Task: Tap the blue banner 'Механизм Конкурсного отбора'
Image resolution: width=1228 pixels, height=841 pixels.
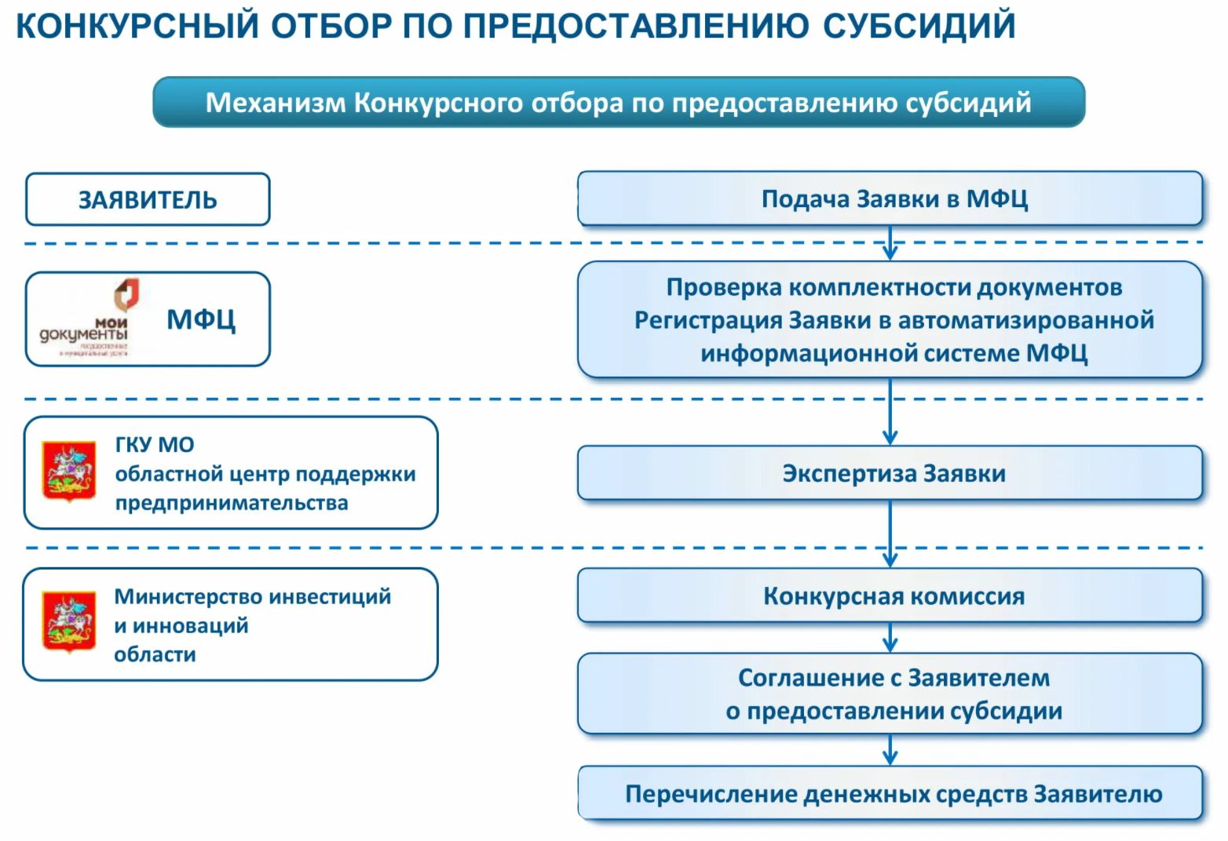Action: pyautogui.click(x=618, y=102)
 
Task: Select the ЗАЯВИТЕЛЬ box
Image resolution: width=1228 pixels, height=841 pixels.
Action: pyautogui.click(x=148, y=200)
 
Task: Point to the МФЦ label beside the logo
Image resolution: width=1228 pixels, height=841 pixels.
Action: pyautogui.click(x=201, y=319)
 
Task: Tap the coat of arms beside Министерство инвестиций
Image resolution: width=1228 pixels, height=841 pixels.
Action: pyautogui.click(x=68, y=621)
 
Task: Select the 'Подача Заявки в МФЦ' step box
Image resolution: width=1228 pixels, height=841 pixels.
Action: pyautogui.click(x=890, y=199)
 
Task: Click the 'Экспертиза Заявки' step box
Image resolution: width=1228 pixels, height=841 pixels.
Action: pyautogui.click(x=890, y=473)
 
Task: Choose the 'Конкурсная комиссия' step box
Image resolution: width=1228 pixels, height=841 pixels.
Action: pyautogui.click(x=890, y=596)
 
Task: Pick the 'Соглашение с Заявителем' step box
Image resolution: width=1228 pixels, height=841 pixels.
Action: pyautogui.click(x=890, y=694)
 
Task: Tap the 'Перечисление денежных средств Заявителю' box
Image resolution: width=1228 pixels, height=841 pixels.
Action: pyautogui.click(x=890, y=794)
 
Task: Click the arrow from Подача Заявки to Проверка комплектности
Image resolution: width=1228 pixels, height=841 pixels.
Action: pyautogui.click(x=890, y=244)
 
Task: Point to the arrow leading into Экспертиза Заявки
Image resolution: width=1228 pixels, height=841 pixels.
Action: pyautogui.click(x=890, y=413)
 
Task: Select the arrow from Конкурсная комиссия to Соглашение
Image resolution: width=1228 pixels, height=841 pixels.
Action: pyautogui.click(x=890, y=638)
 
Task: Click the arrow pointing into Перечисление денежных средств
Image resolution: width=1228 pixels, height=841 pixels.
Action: pyautogui.click(x=890, y=750)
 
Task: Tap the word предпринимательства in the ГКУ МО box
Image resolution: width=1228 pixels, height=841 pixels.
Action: pyautogui.click(x=232, y=503)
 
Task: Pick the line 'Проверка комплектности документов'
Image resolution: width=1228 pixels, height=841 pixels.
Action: pyautogui.click(x=894, y=288)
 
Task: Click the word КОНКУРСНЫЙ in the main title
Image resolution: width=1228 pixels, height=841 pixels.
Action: pyautogui.click(x=137, y=25)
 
